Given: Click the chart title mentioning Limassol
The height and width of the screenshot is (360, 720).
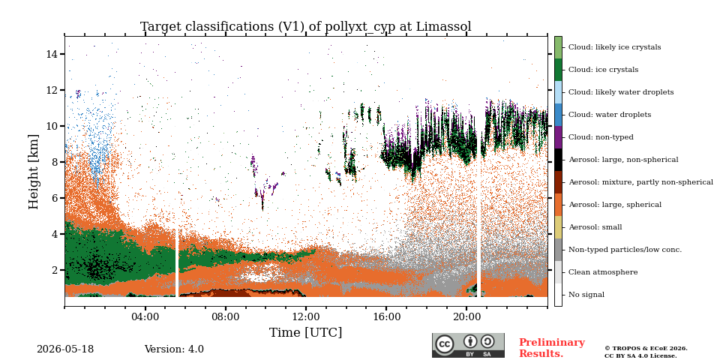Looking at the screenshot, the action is point(306,27).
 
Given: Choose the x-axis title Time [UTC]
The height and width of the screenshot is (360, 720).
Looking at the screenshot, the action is point(306,332).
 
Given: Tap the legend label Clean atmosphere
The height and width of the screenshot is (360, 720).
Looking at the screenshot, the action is point(603,272).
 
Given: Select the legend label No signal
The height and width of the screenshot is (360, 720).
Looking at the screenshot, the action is point(586,295).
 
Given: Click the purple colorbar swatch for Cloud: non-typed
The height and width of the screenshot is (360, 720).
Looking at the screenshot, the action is point(558,137).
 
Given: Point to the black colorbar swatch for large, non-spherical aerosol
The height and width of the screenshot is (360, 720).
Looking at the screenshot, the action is point(558,160).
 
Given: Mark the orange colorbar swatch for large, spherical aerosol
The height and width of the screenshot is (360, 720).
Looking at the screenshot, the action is point(558,205).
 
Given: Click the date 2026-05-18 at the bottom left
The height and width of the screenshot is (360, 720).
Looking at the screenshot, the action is point(65,349).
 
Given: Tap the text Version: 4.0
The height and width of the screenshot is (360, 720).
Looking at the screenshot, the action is point(174,349).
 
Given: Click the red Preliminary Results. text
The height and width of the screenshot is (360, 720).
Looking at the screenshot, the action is point(552,348).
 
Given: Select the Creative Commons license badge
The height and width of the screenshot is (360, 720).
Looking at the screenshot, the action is point(468,345).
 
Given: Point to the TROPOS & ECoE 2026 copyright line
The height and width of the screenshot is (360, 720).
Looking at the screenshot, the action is point(646,349).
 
